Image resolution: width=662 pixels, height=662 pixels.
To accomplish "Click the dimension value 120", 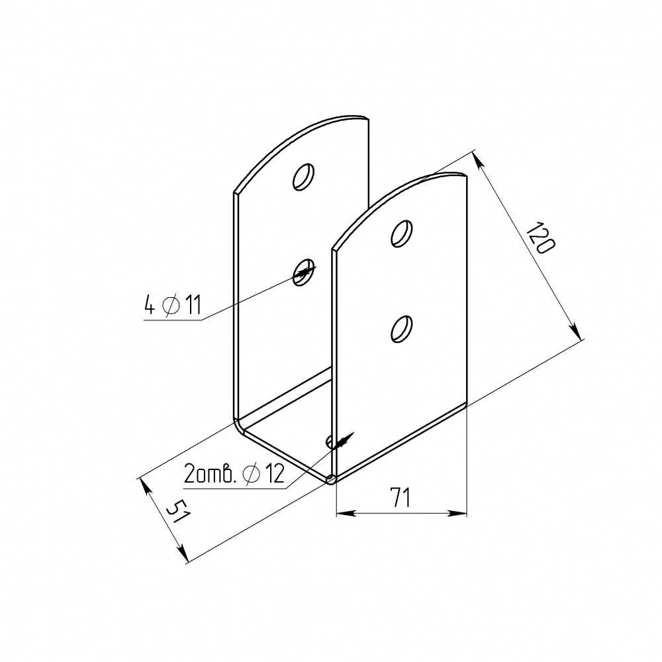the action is [x=542, y=238].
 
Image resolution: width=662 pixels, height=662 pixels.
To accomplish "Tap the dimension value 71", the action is [x=401, y=497].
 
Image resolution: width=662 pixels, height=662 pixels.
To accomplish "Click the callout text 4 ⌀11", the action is [x=172, y=305].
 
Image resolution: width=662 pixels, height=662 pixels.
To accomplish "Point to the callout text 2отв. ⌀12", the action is [x=234, y=473].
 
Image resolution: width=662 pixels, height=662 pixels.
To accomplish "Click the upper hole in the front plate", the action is [x=402, y=233].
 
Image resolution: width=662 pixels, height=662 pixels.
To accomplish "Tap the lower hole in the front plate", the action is [x=402, y=328].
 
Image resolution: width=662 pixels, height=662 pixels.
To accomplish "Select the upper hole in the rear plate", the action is [x=304, y=177].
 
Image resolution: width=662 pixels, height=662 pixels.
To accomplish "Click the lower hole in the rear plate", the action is [x=304, y=272].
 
